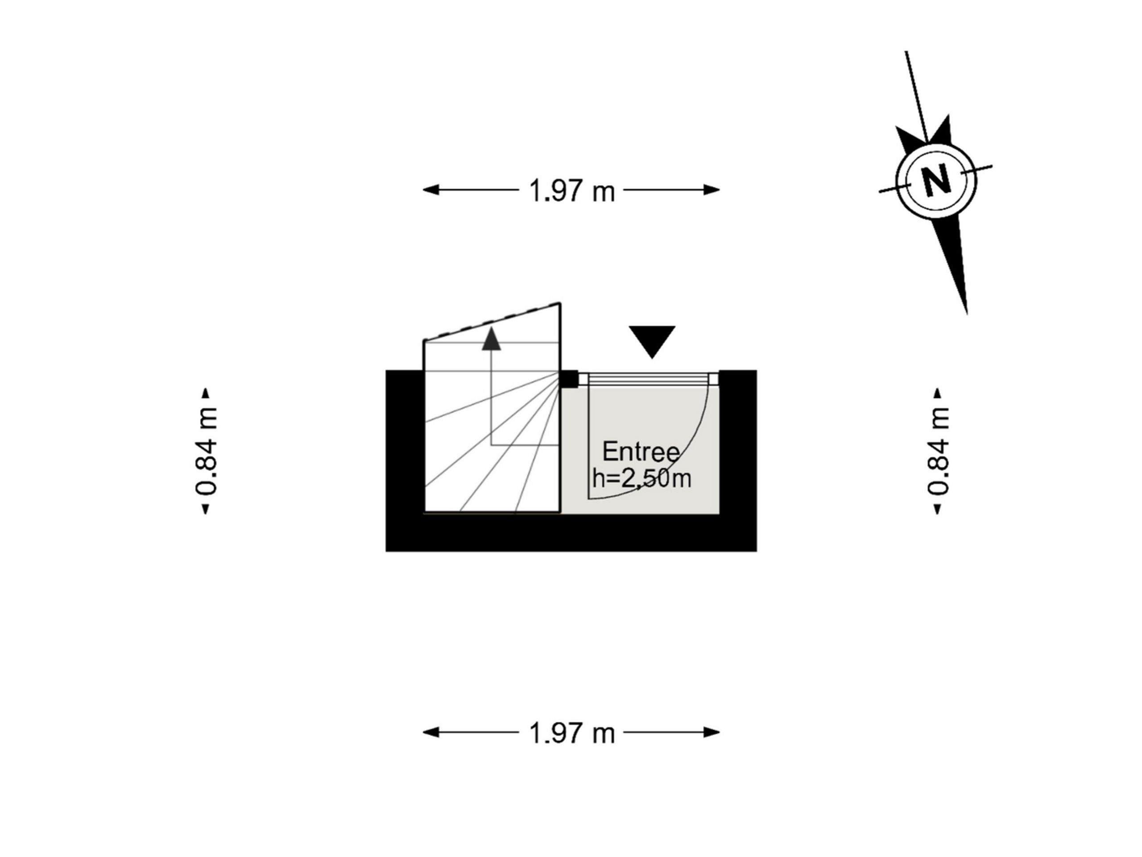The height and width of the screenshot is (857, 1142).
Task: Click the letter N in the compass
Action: point(936,179)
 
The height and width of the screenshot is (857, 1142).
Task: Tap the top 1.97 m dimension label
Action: point(572,191)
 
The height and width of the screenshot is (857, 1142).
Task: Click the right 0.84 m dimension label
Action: point(938,451)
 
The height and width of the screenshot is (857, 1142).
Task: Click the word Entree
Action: point(641,452)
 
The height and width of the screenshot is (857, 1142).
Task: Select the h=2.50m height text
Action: point(642,478)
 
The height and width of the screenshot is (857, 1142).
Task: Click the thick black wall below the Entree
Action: point(571,533)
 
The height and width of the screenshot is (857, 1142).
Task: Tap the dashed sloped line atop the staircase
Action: point(492,321)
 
